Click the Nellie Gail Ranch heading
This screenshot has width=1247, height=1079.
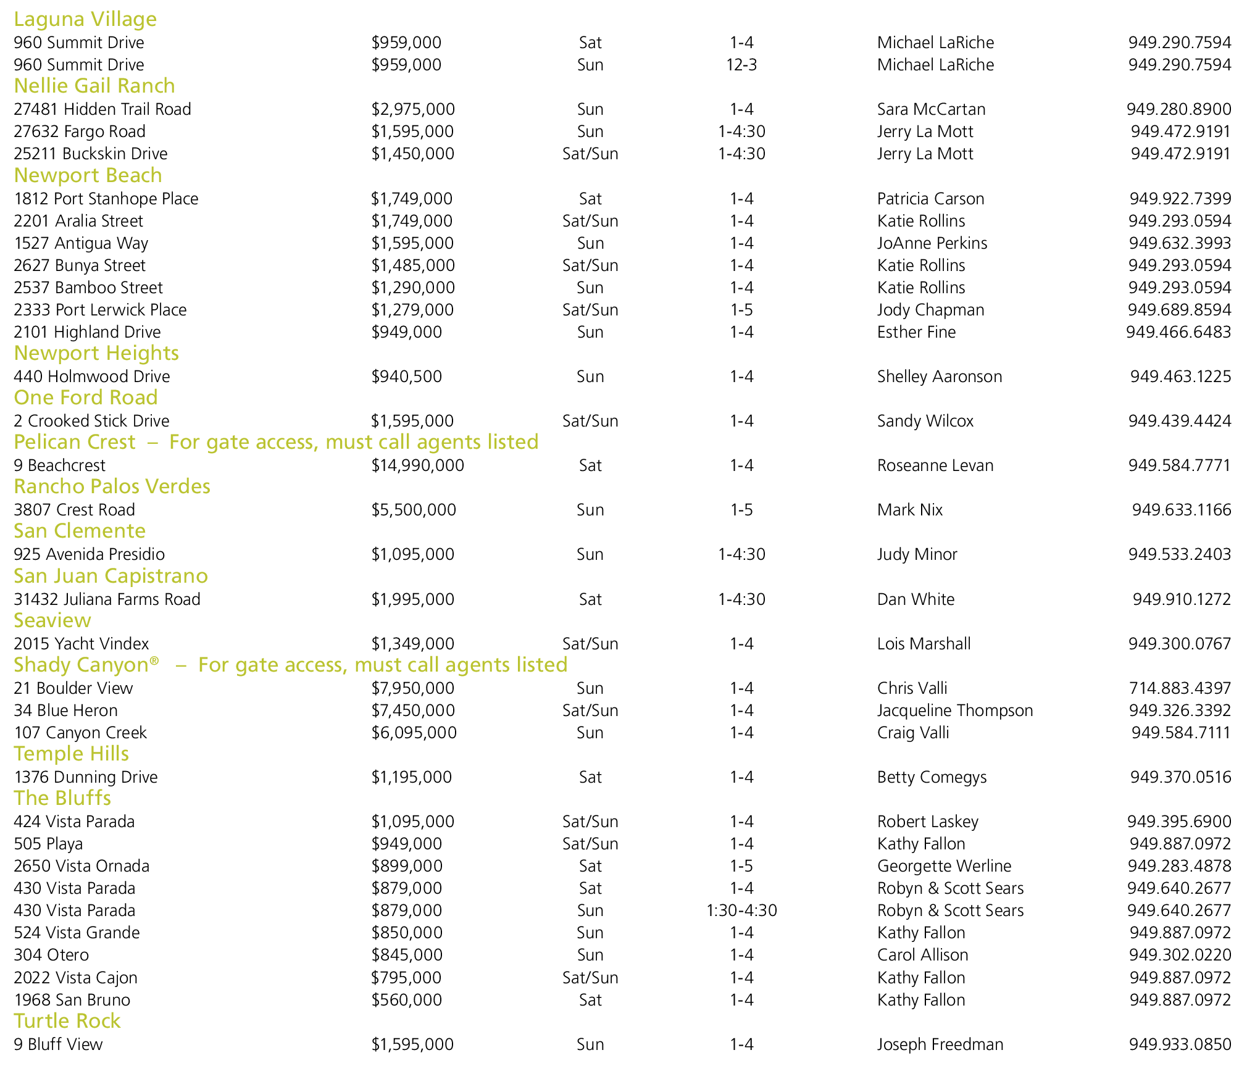94,86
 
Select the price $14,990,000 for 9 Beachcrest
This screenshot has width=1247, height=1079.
417,465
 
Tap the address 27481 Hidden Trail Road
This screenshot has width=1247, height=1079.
102,109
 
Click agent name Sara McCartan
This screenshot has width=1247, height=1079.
931,109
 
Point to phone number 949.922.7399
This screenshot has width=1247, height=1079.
1180,199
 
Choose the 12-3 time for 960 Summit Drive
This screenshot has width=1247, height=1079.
741,65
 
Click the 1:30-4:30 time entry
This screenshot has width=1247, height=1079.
741,910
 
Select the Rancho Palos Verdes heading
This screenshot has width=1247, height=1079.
112,486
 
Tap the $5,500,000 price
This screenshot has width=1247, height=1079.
414,510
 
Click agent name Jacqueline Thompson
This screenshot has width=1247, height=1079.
954,710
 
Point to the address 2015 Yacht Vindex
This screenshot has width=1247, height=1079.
81,644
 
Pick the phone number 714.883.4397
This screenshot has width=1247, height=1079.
1180,688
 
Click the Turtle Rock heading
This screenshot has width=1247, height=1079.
67,1021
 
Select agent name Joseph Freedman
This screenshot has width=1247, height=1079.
940,1044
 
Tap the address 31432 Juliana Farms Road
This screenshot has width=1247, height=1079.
107,599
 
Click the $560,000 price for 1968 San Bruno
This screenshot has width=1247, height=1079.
406,1000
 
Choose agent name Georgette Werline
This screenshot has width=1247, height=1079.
944,866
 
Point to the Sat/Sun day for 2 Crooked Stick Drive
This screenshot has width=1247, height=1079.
590,421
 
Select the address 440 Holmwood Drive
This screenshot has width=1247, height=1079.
92,377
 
